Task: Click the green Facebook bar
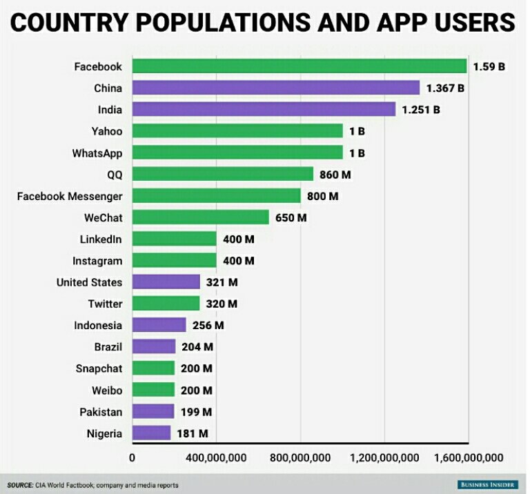299,66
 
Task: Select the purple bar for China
275,88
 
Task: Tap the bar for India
264,109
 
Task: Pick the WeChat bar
200,217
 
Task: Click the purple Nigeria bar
150,433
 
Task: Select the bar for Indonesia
159,325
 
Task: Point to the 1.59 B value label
489,67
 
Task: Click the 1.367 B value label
445,88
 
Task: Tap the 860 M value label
335,175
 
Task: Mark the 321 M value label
222,282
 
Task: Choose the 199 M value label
196,412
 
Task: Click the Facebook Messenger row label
70,196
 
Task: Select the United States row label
89,282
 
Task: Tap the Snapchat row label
99,368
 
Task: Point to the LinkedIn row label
101,239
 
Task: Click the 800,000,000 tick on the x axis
300,457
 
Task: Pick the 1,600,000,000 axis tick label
469,457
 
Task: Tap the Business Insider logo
487,485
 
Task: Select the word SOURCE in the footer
19,485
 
